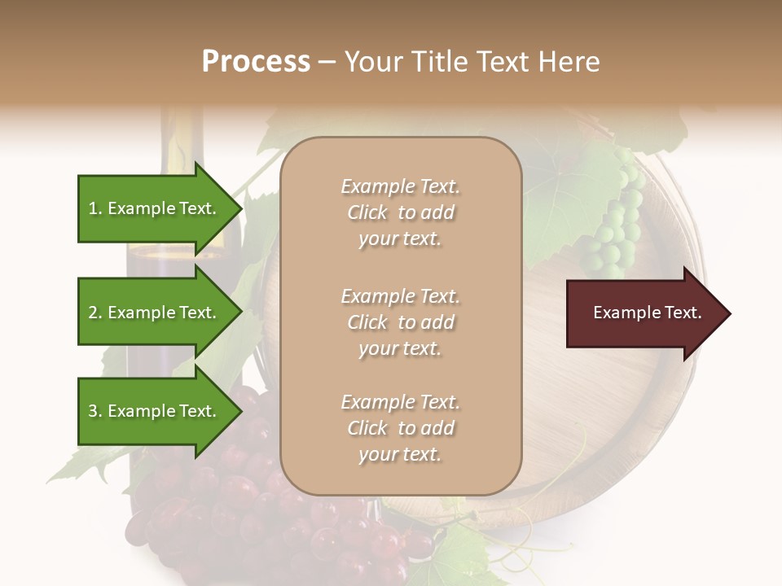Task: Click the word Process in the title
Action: pos(256,62)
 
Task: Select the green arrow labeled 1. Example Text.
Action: pos(155,208)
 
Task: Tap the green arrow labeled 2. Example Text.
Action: pos(155,313)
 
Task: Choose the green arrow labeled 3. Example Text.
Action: pos(155,411)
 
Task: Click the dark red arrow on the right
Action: pos(644,313)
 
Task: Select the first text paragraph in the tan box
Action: pos(400,212)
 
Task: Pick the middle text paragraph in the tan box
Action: pos(400,322)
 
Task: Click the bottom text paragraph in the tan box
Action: pos(400,428)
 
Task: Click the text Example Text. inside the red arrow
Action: pos(648,313)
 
